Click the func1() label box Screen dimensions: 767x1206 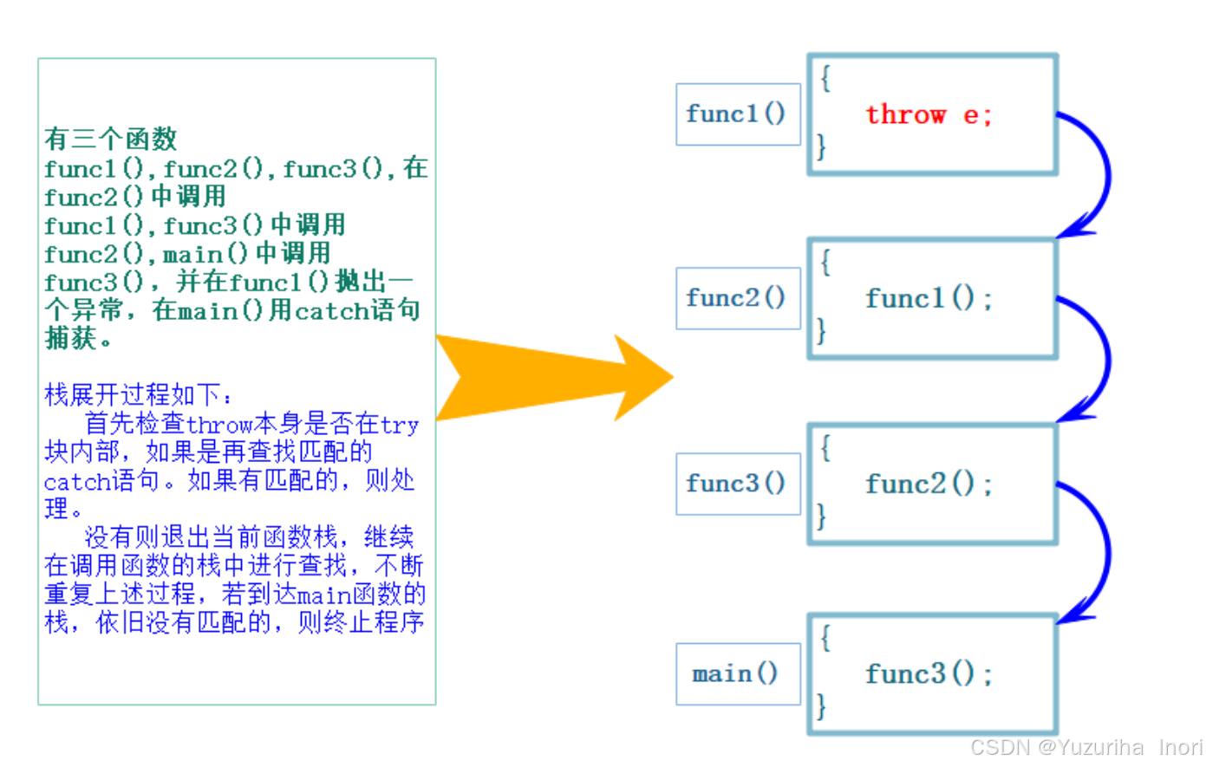[736, 114]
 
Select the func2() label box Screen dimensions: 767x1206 [736, 298]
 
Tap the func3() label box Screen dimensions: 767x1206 [736, 484]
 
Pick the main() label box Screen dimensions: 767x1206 [736, 673]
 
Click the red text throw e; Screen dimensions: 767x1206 [928, 114]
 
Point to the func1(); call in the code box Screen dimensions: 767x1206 [928, 299]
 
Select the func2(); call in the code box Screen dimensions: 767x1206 [928, 484]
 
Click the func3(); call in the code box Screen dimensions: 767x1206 [928, 674]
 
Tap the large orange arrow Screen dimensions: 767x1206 [555, 378]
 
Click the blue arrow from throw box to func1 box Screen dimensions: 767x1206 [1101, 173]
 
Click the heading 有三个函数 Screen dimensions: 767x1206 [111, 139]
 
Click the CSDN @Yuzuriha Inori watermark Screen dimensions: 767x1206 [1086, 747]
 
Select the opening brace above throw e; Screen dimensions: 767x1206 [825, 79]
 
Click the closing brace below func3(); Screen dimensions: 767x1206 [821, 705]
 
